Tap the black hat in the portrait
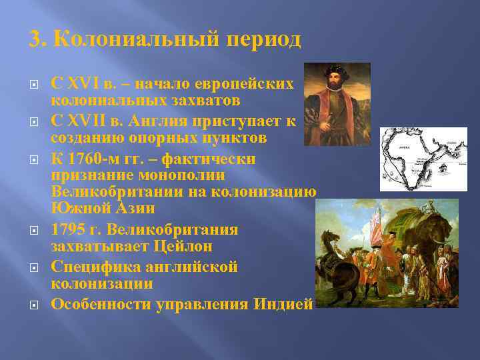(335, 69)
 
